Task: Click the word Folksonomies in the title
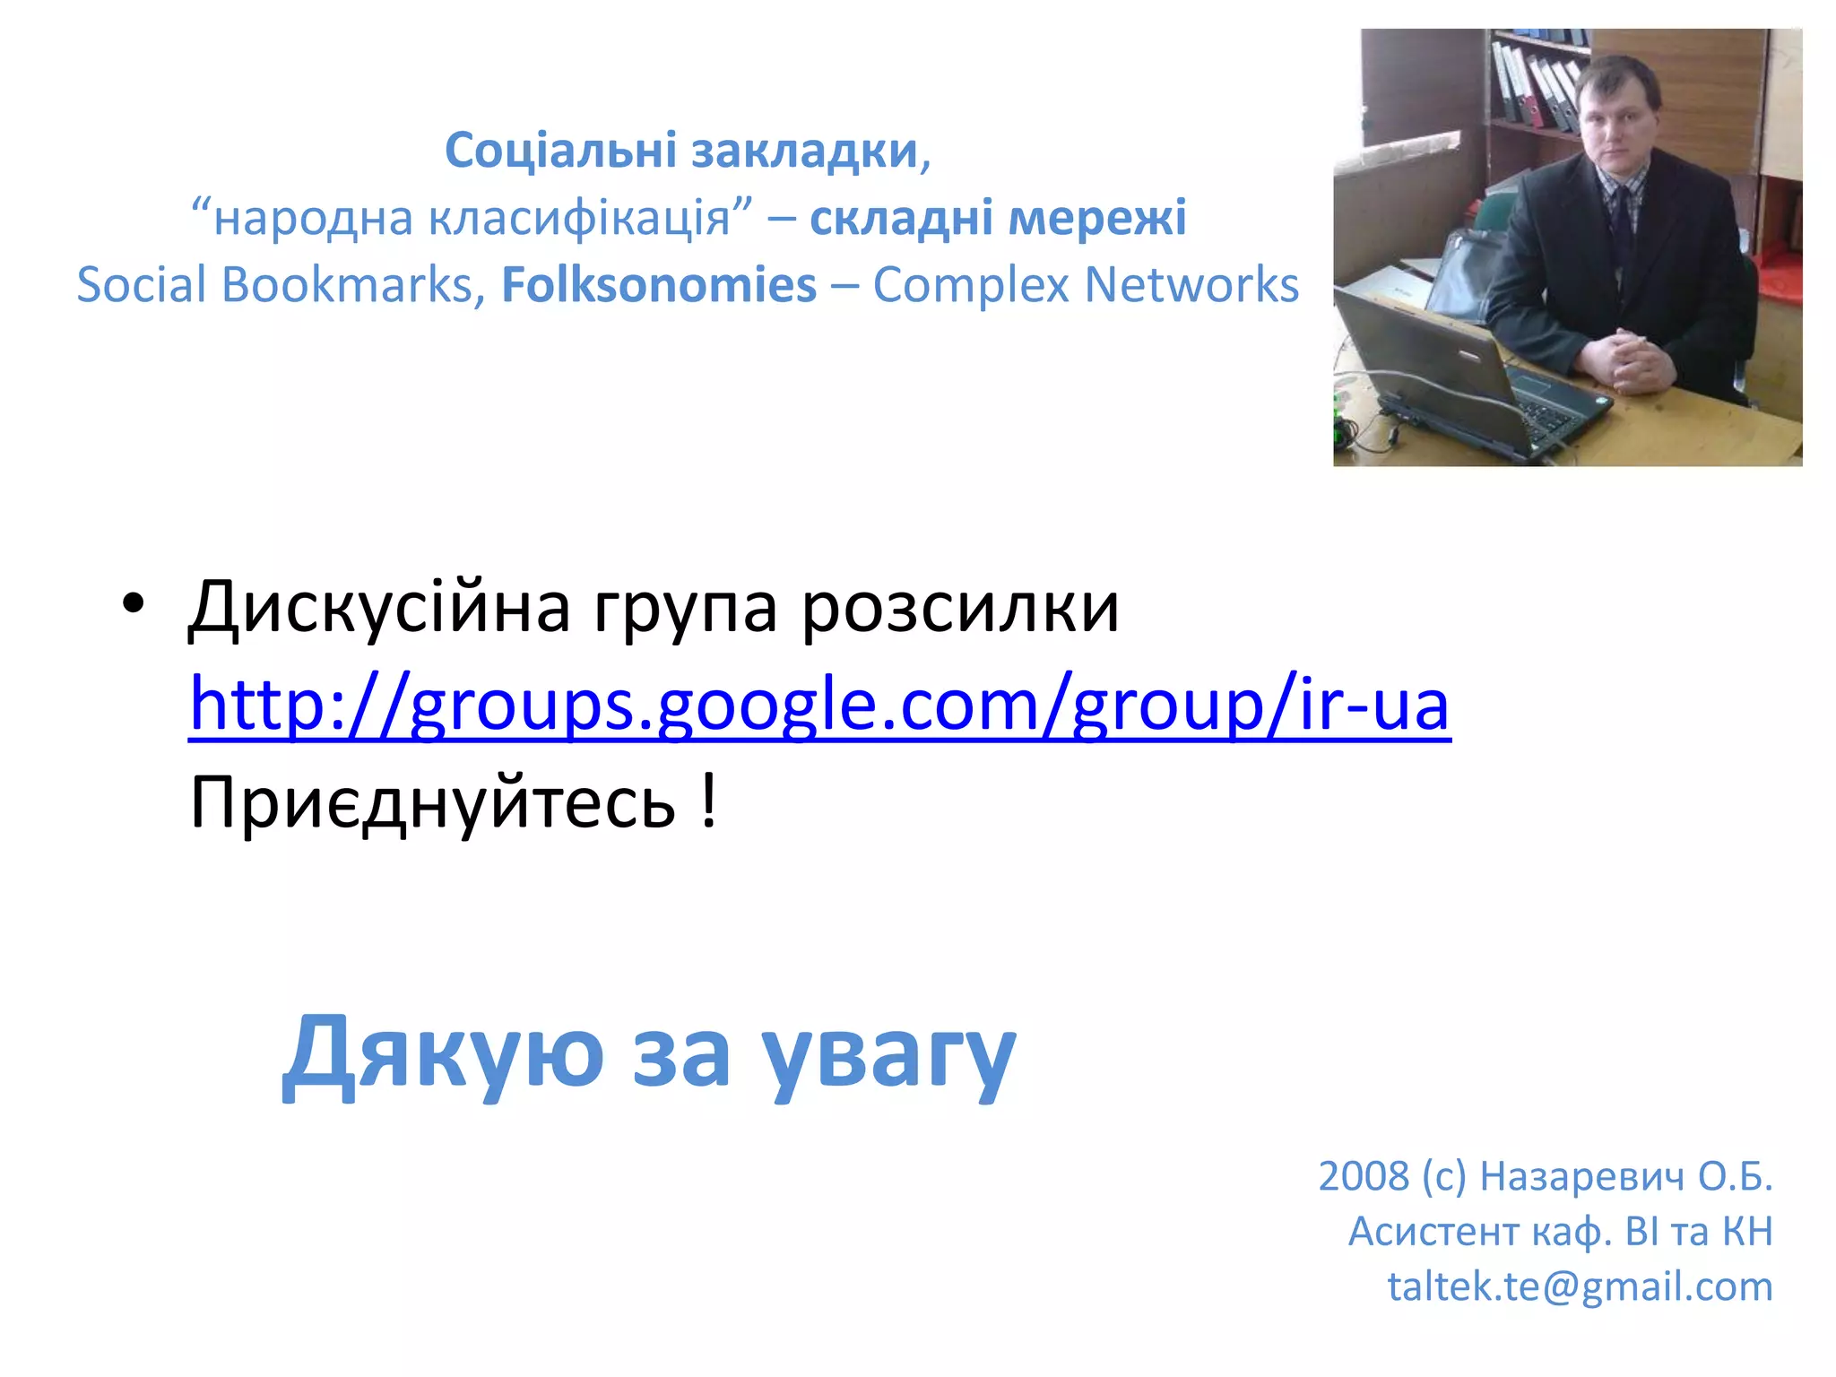659,285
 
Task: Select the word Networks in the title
1191,285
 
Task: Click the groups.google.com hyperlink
818,706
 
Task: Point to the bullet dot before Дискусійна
133,603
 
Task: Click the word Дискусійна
379,608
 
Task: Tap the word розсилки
959,608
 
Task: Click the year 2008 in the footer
1363,1176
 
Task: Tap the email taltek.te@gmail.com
1580,1286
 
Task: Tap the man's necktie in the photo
1624,224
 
